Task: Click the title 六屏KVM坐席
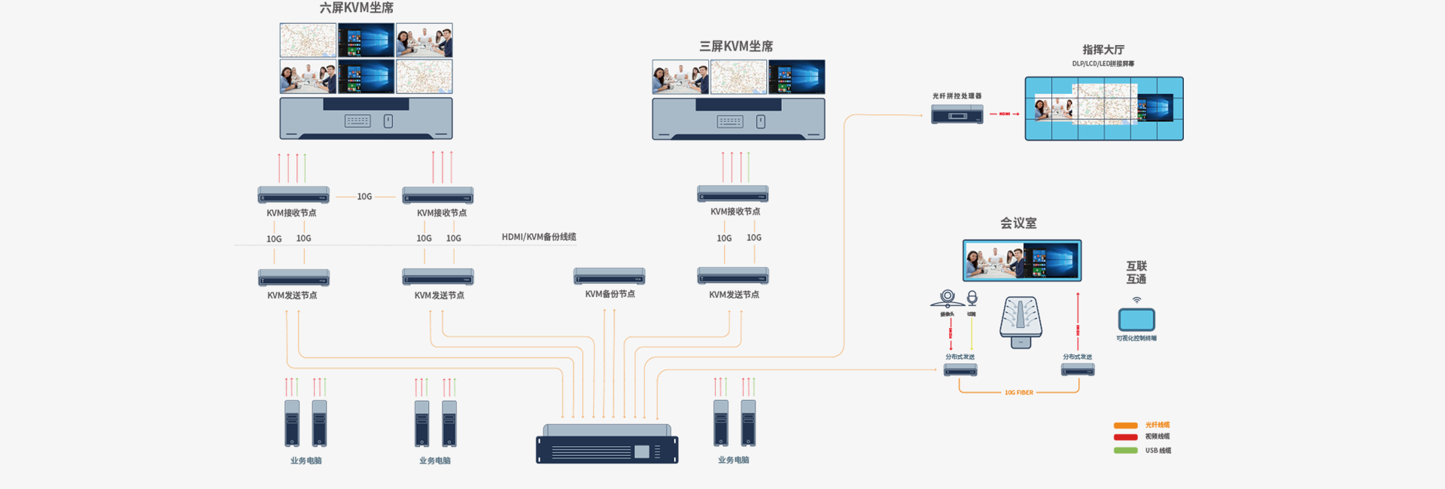(x=356, y=8)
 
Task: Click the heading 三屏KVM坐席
(x=736, y=47)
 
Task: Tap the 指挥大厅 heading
(x=1103, y=50)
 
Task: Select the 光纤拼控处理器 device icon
(x=957, y=114)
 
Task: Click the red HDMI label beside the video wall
(x=1004, y=114)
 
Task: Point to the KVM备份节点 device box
(x=609, y=275)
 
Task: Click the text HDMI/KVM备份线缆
(x=539, y=237)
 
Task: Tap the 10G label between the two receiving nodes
(x=364, y=196)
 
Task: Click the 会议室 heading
(x=1018, y=223)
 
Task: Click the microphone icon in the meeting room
(x=972, y=298)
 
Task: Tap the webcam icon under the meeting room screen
(x=947, y=298)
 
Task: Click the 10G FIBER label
(x=1018, y=393)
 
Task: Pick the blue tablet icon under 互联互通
(x=1136, y=320)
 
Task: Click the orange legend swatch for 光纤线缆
(x=1125, y=426)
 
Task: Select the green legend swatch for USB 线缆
(x=1125, y=451)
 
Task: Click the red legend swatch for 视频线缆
(x=1125, y=437)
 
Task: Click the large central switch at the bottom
(x=607, y=445)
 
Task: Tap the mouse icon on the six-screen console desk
(x=388, y=121)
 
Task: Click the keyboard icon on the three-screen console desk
(x=729, y=122)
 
